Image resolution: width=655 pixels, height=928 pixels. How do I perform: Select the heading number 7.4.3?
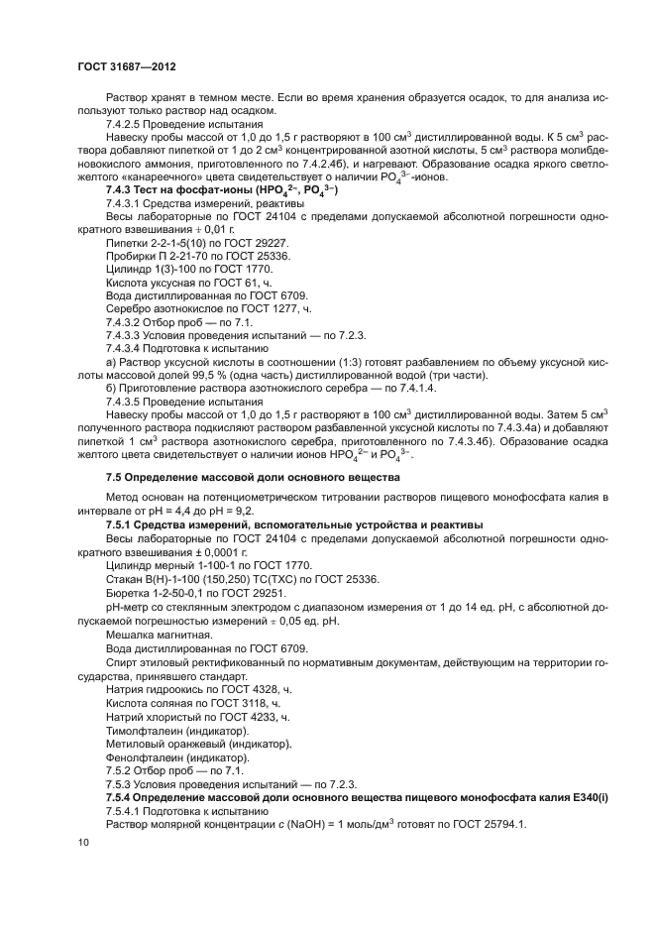tap(121, 189)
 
